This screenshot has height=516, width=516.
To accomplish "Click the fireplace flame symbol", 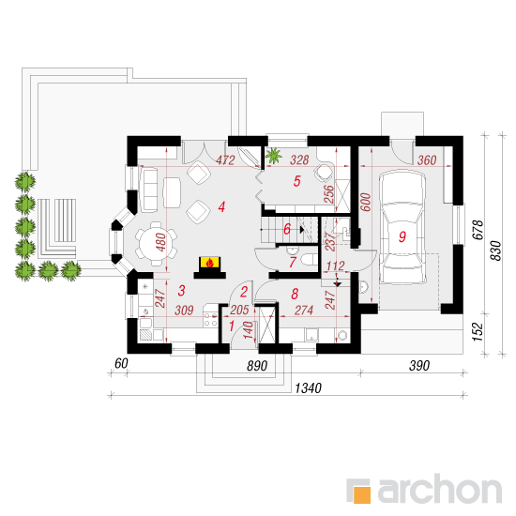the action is [x=209, y=263].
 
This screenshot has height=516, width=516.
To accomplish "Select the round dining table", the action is [x=156, y=244].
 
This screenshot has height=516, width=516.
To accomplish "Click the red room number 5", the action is [x=296, y=181].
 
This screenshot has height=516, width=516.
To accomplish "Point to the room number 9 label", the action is [x=402, y=236].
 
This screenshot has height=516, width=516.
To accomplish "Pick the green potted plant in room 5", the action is [x=273, y=155].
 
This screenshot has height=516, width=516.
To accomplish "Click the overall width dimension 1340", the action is [x=308, y=388].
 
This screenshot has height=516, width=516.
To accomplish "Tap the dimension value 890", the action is [x=257, y=366].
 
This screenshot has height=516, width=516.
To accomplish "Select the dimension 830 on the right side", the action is [x=495, y=250].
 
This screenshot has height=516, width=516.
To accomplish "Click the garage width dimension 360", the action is [x=427, y=160].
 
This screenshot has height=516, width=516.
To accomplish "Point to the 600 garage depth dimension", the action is [x=366, y=202].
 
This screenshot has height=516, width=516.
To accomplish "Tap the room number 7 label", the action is [x=293, y=263].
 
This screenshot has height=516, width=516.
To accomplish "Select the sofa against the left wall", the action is [x=149, y=190].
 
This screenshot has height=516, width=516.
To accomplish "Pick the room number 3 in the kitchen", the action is [x=181, y=291].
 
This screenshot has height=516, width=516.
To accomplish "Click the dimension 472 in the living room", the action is [x=225, y=160].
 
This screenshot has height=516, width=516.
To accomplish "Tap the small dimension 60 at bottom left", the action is [x=121, y=363].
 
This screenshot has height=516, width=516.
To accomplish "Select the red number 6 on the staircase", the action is [x=287, y=229].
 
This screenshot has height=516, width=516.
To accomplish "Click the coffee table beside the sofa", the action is [x=172, y=193].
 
